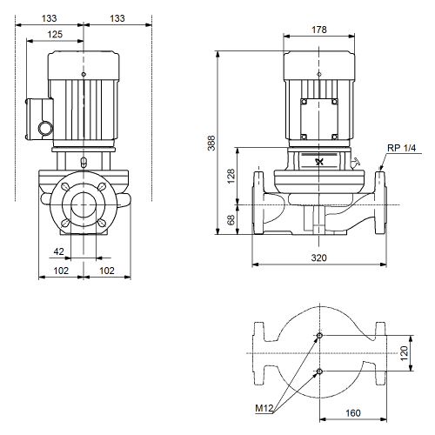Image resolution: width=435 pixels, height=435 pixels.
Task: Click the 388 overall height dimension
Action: (x=211, y=143)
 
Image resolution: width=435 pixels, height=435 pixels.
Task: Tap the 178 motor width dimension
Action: (x=319, y=30)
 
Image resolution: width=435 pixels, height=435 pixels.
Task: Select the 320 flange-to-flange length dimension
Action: (x=319, y=258)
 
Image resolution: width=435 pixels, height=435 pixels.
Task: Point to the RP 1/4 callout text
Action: (x=401, y=148)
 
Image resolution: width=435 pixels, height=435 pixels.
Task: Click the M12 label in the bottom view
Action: (x=264, y=408)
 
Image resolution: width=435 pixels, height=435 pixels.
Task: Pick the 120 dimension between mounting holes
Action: (x=404, y=353)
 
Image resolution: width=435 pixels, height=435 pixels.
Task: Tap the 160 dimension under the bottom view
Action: (x=353, y=412)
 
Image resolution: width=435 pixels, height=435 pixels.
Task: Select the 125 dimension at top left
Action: (x=55, y=34)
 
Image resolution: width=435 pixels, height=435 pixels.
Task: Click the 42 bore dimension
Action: (x=58, y=251)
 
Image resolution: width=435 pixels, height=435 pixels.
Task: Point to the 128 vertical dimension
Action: (x=231, y=176)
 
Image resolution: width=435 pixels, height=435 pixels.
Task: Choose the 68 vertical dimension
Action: (x=231, y=220)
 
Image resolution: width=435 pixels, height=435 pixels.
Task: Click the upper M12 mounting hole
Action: (x=319, y=336)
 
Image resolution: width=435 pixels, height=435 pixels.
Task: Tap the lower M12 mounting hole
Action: (x=319, y=371)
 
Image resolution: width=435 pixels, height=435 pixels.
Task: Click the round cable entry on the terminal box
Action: (x=46, y=129)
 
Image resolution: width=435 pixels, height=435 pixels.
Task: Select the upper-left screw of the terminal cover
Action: (x=304, y=102)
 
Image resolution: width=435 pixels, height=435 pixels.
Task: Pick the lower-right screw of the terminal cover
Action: (x=334, y=137)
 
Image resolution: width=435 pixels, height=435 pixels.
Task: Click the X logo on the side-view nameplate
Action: (x=319, y=162)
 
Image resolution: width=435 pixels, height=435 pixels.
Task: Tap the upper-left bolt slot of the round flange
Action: (x=66, y=187)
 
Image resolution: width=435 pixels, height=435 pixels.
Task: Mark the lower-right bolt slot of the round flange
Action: (x=102, y=223)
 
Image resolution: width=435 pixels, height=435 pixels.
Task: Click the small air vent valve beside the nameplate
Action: (x=356, y=163)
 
